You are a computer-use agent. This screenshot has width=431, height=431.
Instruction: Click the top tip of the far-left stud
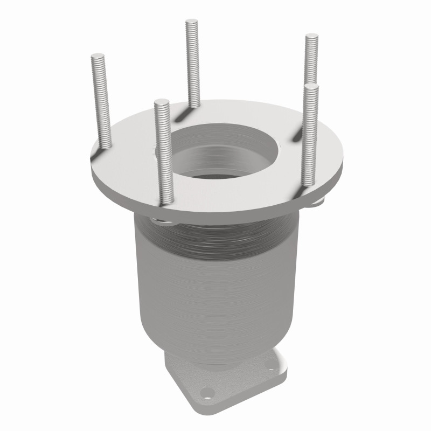pos(98,55)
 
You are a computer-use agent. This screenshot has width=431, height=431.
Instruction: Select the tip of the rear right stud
pos(311,37)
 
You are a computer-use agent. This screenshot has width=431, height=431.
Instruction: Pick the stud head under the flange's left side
pos(157,219)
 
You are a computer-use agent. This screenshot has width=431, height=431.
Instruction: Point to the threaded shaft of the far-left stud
pos(102,102)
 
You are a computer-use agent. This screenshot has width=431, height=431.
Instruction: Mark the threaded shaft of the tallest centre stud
pos(193,65)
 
